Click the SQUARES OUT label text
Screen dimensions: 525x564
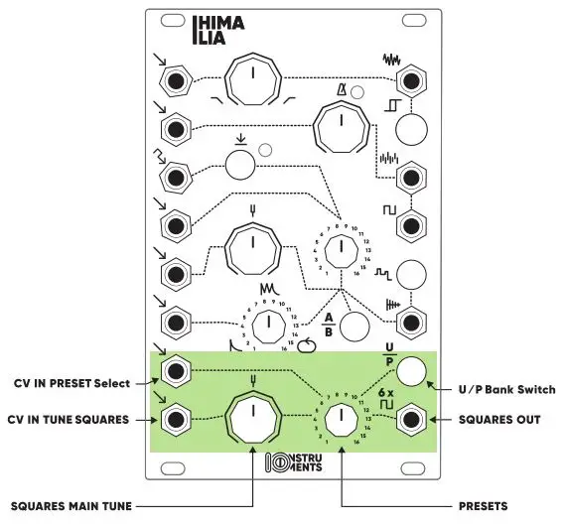click(499, 420)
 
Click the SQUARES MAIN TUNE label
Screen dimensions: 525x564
click(68, 505)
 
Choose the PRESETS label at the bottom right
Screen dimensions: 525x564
click(478, 505)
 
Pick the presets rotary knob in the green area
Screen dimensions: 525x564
click(340, 420)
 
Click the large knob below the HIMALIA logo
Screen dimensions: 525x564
click(253, 78)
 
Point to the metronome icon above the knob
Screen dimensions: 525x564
click(340, 93)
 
